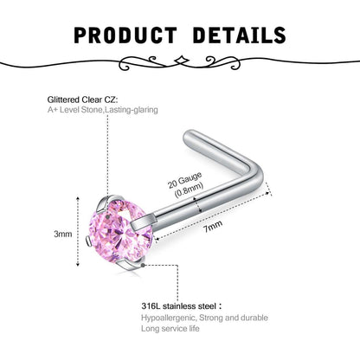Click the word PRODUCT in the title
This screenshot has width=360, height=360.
(x=125, y=35)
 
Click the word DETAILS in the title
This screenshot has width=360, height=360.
(x=240, y=35)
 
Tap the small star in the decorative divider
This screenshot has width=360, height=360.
(x=182, y=61)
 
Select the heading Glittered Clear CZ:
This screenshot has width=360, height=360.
(x=82, y=100)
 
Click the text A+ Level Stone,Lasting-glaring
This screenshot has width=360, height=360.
(x=103, y=110)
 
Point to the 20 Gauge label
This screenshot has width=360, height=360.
(x=184, y=180)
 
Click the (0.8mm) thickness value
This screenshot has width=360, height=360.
(x=189, y=190)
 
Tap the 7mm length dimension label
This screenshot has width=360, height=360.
(x=213, y=227)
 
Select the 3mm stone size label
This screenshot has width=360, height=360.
(x=63, y=234)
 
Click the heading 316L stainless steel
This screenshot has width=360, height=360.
(x=178, y=305)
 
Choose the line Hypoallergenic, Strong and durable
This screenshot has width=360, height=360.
(x=204, y=318)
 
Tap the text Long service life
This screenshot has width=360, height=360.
(x=170, y=329)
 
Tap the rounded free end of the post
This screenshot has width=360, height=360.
(x=188, y=136)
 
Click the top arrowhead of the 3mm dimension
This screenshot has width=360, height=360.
(x=78, y=198)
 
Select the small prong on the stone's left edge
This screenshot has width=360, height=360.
(x=89, y=241)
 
